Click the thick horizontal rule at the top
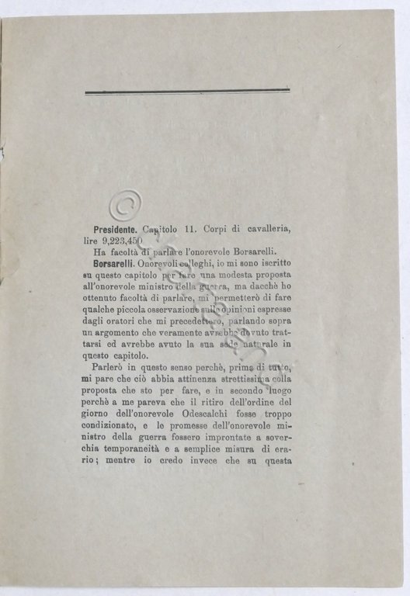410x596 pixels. tap(186, 92)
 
